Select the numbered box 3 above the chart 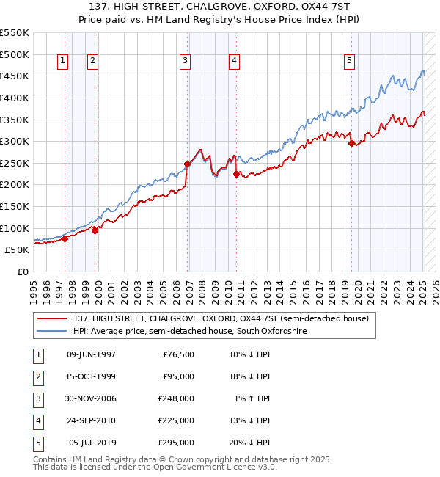click(x=186, y=61)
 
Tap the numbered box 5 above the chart click(x=349, y=61)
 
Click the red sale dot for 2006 click(x=188, y=164)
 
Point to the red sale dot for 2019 click(x=352, y=144)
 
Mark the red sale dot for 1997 click(x=65, y=238)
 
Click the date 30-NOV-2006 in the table click(x=91, y=399)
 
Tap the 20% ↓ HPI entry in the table click(x=249, y=443)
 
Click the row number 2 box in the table click(x=37, y=377)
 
